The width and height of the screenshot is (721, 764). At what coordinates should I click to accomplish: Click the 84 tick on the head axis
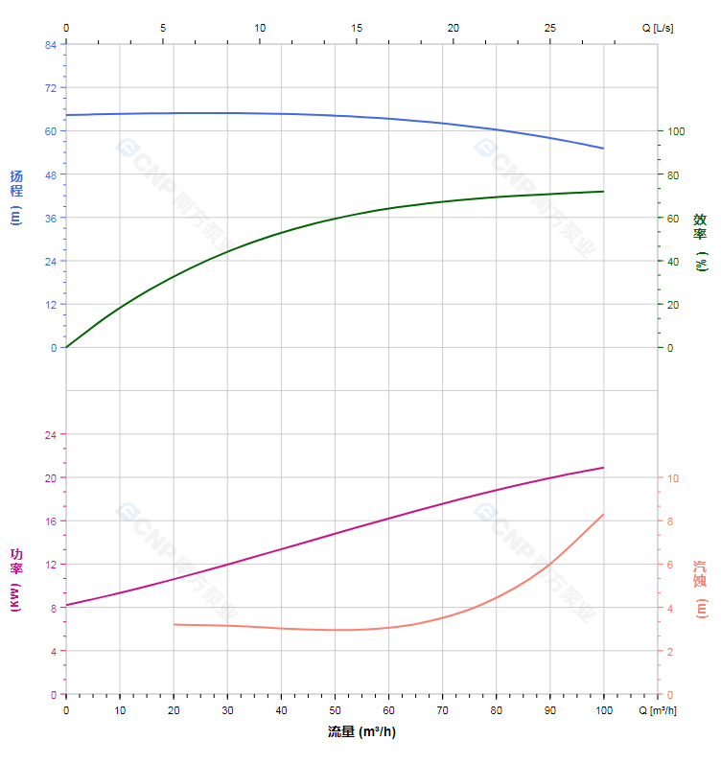(50, 44)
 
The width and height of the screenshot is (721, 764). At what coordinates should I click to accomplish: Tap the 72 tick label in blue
(50, 87)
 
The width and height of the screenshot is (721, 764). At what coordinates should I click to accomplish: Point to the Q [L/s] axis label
(658, 28)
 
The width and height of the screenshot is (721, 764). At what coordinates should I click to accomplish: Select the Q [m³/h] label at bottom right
(659, 710)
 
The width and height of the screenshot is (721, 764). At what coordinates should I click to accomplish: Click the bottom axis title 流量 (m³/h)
(361, 732)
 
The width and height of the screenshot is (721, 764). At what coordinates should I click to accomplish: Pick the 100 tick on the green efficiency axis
(676, 131)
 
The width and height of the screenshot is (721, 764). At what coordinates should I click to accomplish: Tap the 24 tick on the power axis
(50, 434)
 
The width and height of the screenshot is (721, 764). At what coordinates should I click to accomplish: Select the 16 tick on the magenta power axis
(50, 521)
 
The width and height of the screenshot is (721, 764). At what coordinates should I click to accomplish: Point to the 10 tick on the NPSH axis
(673, 477)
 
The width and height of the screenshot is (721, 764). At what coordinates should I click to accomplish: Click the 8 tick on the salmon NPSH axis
(670, 521)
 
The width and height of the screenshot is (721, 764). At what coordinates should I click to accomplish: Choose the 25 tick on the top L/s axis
(550, 28)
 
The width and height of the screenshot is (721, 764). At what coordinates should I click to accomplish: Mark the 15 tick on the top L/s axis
(357, 28)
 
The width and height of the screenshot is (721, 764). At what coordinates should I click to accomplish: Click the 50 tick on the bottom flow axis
(335, 710)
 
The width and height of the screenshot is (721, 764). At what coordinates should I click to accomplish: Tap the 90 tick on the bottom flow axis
(549, 710)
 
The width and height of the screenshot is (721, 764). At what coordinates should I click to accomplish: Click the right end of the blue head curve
(603, 149)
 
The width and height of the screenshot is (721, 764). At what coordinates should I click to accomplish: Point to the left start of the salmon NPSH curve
(174, 624)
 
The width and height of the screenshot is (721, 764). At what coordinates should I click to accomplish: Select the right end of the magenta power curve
(603, 468)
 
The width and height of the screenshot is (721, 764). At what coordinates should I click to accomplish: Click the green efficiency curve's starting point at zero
(66, 347)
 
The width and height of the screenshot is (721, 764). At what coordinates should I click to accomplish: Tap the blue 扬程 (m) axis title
(15, 197)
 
